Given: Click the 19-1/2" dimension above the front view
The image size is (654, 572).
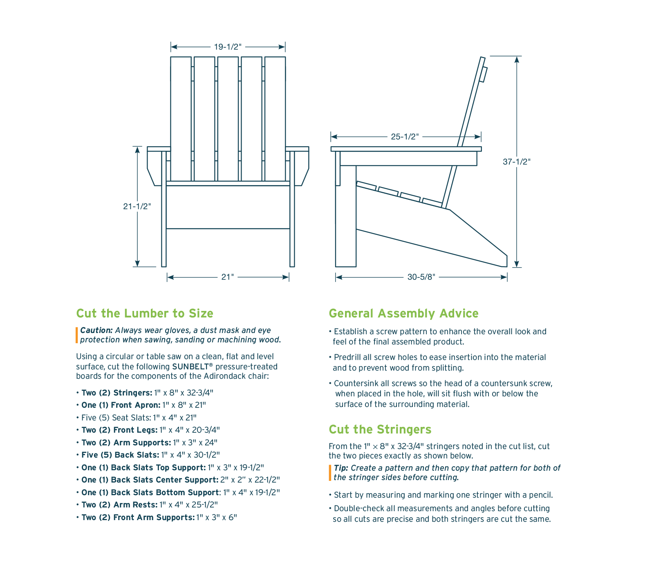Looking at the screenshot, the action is point(228,47).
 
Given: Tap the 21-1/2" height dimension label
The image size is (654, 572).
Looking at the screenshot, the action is point(137,206).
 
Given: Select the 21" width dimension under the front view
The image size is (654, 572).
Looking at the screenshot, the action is point(227,277).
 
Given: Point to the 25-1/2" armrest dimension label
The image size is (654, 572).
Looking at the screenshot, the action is point(405,136).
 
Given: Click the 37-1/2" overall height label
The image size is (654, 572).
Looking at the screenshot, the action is point(517,162).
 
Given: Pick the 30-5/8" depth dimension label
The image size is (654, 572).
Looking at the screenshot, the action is point(421,277).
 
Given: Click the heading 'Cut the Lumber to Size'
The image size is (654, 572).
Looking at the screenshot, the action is point(145,313).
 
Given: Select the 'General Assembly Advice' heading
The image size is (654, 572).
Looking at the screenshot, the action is point(403,313).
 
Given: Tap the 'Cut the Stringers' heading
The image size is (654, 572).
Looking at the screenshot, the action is point(380,429).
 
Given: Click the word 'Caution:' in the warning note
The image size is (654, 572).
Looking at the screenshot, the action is point(96,330).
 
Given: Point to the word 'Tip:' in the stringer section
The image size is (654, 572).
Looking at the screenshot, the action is point(341,468).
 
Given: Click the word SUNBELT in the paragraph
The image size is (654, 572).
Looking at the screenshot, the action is point(190,366).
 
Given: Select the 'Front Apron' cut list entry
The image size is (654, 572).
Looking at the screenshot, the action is point(143,405).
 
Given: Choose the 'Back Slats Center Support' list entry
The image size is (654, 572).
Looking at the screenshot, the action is point(178,480).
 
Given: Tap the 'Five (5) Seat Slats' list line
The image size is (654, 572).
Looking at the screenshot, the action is point(136,418).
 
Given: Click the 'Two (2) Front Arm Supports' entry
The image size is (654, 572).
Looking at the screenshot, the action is point(157,517).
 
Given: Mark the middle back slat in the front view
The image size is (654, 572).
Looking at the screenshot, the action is point(228,118).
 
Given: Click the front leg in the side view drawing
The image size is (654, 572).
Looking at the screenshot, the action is point(346,216).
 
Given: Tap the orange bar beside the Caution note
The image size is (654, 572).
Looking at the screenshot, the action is point(77,335).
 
